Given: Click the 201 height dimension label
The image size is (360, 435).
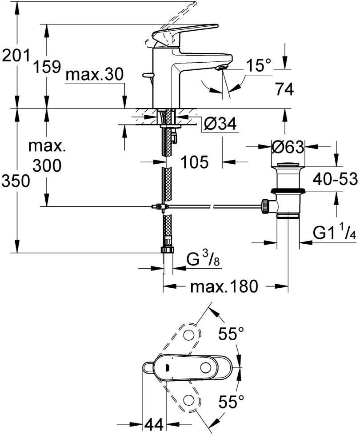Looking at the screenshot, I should [16, 56].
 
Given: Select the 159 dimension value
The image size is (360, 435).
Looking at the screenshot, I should [47, 67].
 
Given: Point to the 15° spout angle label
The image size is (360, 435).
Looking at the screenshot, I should [259, 66].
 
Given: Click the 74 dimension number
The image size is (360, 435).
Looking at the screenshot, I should [284, 90].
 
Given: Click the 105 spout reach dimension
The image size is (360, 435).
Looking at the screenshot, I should [194, 162].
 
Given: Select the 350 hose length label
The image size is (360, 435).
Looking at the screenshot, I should [16, 181].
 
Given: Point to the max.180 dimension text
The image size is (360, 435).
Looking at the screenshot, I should [224, 287].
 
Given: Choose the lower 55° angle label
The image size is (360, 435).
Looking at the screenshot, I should [231, 403].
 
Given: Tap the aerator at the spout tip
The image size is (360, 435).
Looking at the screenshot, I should [220, 68].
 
